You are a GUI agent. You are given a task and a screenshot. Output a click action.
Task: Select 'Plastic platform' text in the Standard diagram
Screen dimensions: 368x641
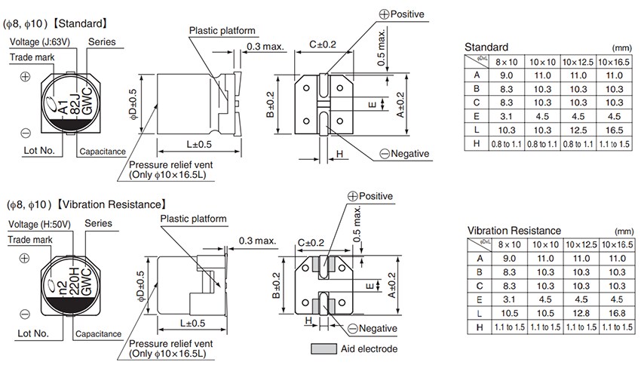(222, 31)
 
